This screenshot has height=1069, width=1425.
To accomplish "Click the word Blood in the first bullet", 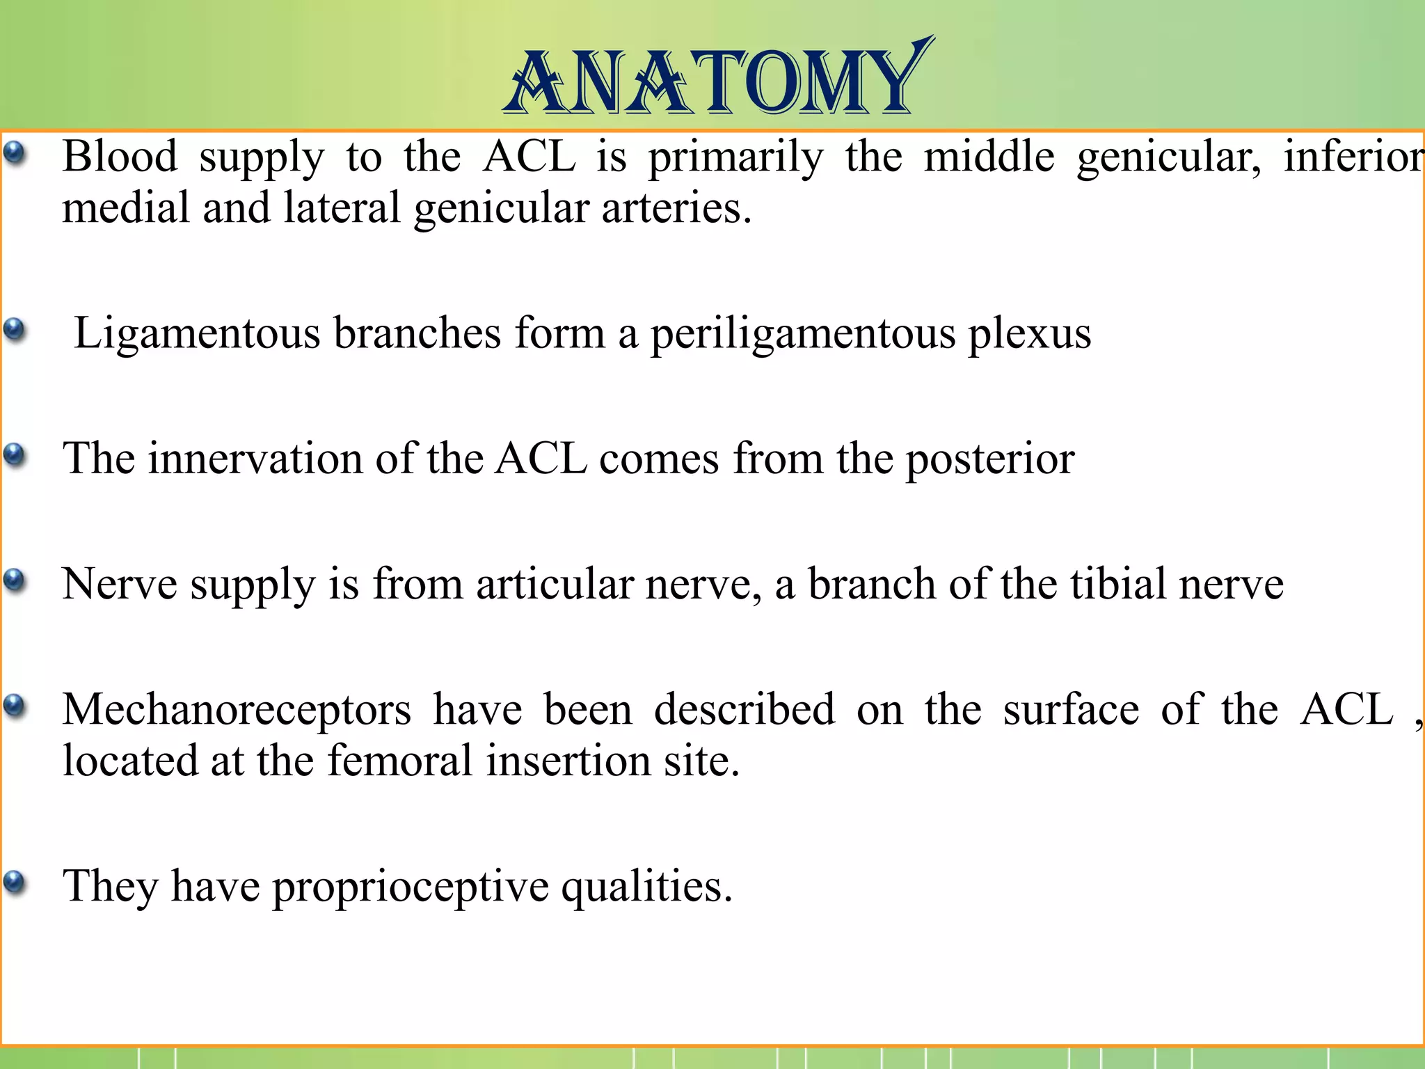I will (x=120, y=156).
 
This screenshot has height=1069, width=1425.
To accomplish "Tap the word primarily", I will (x=735, y=157).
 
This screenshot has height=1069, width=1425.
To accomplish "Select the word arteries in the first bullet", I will (x=676, y=207).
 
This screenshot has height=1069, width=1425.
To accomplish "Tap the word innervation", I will (x=255, y=459).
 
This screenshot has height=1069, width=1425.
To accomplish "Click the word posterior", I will (x=989, y=460).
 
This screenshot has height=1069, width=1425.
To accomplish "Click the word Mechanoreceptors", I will (x=237, y=710).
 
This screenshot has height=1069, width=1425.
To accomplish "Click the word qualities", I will (x=646, y=887).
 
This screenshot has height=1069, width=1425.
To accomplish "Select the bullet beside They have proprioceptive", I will (x=15, y=882).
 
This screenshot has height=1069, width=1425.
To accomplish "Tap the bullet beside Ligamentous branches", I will (x=15, y=328).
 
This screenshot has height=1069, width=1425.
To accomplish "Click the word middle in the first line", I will (x=989, y=156).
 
